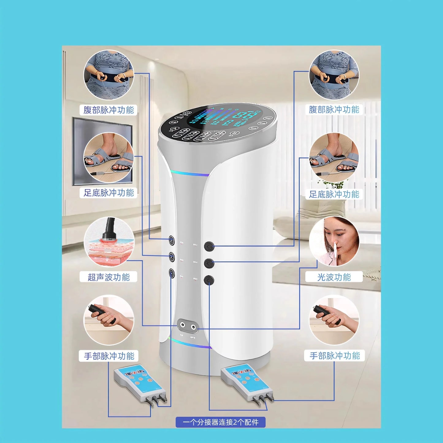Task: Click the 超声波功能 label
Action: pyautogui.click(x=109, y=277)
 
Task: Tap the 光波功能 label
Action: pyautogui.click(x=334, y=277)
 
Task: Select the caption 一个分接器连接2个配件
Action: pyautogui.click(x=220, y=422)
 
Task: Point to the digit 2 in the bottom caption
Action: pyautogui.click(x=235, y=422)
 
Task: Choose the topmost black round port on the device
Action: pyautogui.click(x=209, y=246)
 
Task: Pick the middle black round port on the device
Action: pyautogui.click(x=209, y=263)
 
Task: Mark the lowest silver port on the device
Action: pyautogui.click(x=172, y=273)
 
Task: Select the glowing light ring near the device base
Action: pyautogui.click(x=190, y=343)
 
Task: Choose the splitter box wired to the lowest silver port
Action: pyautogui.click(x=139, y=383)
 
